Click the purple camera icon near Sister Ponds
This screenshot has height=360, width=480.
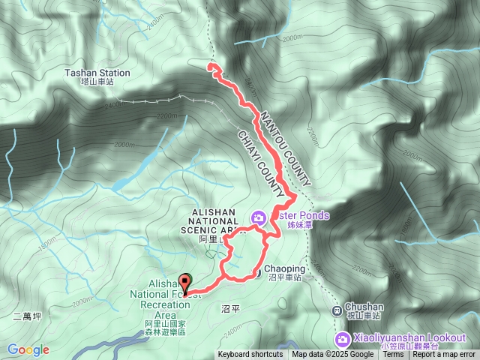click(259, 217)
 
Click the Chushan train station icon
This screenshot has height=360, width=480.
click(337, 308)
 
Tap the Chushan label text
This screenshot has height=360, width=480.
click(365, 307)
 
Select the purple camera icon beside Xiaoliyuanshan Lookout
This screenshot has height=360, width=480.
click(337, 338)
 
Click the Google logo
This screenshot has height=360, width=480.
click(28, 349)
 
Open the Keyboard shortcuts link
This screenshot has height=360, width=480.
click(250, 355)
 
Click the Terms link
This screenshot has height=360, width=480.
click(393, 355)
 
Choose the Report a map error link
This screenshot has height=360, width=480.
click(444, 355)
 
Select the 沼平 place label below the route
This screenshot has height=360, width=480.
click(232, 308)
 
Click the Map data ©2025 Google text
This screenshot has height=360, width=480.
click(333, 355)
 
